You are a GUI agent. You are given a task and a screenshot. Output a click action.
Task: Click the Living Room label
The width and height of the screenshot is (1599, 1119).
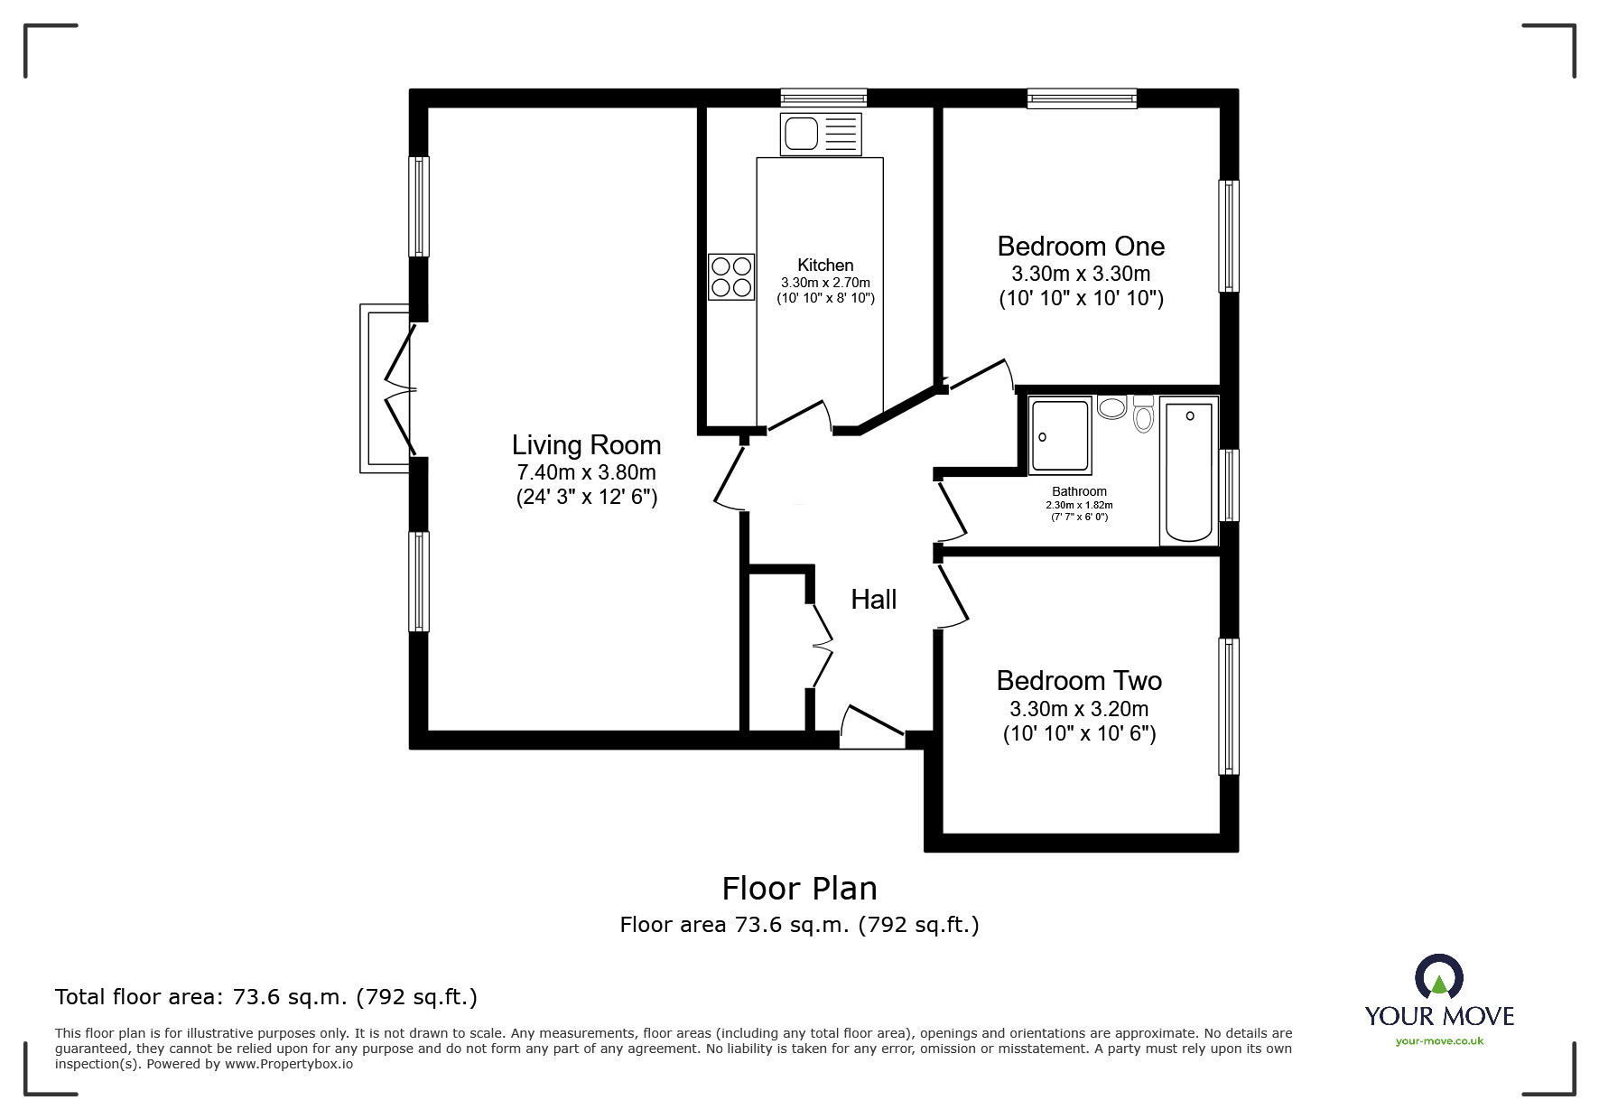[586, 445]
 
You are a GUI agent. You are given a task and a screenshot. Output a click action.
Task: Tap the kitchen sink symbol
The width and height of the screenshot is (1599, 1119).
[821, 134]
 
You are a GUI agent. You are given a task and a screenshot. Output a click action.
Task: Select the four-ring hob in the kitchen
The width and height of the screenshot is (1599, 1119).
[731, 276]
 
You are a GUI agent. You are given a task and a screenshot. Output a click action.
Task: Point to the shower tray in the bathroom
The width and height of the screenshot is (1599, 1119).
[1060, 436]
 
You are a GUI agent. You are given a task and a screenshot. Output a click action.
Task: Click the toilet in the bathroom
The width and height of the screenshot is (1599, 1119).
[1143, 415]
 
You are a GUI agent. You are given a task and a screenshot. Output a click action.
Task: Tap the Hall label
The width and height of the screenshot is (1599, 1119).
[873, 600]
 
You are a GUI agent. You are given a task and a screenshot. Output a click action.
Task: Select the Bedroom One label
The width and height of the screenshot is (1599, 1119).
[1081, 247]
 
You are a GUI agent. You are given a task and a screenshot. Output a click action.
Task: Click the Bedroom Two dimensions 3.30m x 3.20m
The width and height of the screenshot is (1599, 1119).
[1079, 709]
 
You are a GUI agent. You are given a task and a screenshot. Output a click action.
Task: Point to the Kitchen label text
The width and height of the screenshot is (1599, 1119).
[825, 265]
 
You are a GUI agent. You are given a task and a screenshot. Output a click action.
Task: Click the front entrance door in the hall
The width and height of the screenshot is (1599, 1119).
[872, 726]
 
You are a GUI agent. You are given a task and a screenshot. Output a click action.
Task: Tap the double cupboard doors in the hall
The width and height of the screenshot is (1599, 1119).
[821, 645]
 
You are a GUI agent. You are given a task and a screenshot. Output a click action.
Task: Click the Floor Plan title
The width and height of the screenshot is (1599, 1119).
[799, 889]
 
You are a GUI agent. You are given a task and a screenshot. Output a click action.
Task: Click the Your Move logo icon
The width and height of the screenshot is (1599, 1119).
[1438, 978]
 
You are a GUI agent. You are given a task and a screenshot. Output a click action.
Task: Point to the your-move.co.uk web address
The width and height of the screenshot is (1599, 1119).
[1439, 1041]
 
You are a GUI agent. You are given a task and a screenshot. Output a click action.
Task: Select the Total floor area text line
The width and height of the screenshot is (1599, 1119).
[266, 997]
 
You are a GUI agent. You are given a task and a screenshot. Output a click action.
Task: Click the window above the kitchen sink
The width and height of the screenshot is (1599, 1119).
[823, 98]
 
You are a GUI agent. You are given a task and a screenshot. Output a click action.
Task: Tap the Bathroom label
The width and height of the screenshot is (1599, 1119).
[1079, 491]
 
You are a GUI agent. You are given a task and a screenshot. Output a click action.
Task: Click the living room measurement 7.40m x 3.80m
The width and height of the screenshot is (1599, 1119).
[586, 472]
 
